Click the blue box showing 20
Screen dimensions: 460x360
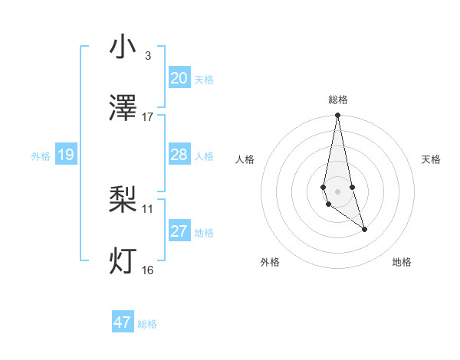tap(179, 78)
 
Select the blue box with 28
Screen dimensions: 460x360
tap(179, 155)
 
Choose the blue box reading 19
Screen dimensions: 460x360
tap(65, 155)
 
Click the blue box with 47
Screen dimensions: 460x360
tap(123, 322)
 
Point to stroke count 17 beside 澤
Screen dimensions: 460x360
tap(148, 117)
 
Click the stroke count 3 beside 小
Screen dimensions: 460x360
tap(147, 56)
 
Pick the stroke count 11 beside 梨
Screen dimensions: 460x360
tap(148, 208)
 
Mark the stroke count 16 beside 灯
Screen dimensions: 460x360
tap(148, 270)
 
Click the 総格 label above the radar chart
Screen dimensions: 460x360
tap(337, 100)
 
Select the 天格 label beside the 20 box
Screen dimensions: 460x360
tap(204, 80)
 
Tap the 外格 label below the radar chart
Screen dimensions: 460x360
tap(270, 262)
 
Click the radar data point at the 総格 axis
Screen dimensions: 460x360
tap(337, 116)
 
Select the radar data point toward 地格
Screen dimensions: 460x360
tap(364, 229)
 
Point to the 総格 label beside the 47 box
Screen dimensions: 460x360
tap(147, 324)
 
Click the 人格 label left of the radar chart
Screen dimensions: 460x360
tap(245, 159)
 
